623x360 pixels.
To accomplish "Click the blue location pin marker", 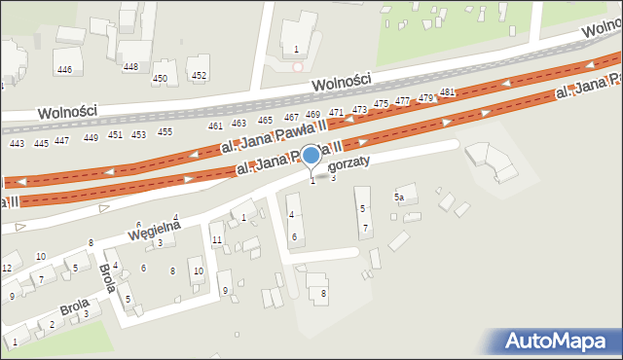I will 311,156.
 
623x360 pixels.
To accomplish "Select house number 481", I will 447,92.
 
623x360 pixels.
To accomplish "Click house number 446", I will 64,69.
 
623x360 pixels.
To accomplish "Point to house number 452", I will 199,75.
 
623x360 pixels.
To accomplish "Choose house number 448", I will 130,67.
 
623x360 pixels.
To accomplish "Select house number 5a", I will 399,198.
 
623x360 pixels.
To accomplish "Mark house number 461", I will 215,126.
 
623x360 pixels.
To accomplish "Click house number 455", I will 165,132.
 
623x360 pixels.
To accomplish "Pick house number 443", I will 17,144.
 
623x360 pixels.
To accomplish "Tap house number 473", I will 359,109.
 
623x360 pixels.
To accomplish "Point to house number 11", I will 217,239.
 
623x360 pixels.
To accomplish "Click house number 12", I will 6,268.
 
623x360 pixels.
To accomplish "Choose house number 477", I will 402,101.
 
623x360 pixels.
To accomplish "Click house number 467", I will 291,118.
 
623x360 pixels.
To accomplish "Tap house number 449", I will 91,137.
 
